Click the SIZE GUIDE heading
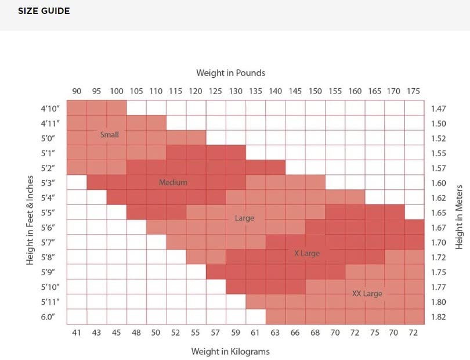pyautogui.click(x=44, y=11)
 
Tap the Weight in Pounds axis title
pyautogui.click(x=230, y=73)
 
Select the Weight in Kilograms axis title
pyautogui.click(x=230, y=351)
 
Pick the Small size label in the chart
pyautogui.click(x=109, y=135)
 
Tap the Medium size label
pyautogui.click(x=173, y=182)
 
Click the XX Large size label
pyautogui.click(x=367, y=294)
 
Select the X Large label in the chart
pyautogui.click(x=306, y=253)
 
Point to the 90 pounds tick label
pyautogui.click(x=77, y=91)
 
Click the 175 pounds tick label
pyautogui.click(x=414, y=91)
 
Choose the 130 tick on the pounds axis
pyautogui.click(x=236, y=91)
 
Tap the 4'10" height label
pyautogui.click(x=50, y=109)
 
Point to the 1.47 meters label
pyautogui.click(x=438, y=109)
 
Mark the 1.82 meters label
pyautogui.click(x=438, y=317)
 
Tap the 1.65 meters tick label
pyautogui.click(x=438, y=213)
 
